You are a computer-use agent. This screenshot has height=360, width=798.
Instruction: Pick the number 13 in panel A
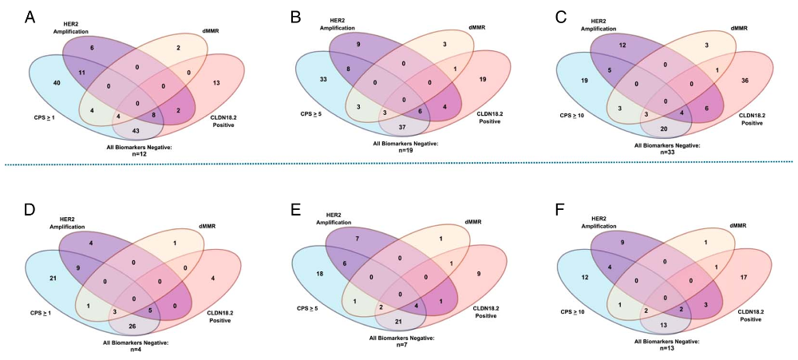click(215, 83)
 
